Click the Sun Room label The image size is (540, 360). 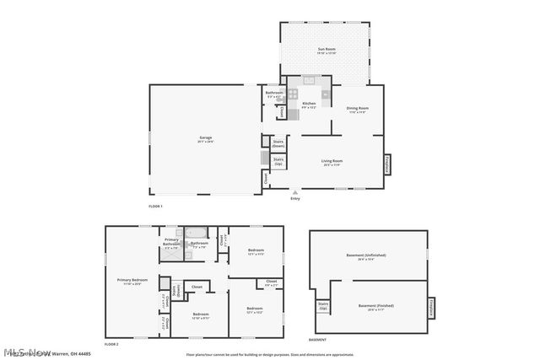pos(327,51)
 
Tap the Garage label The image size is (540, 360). pos(205,138)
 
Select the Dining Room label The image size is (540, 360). pos(358,109)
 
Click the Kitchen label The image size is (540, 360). pos(309,105)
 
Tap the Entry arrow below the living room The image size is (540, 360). pos(295,191)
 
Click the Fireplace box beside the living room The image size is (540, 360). pos(389,164)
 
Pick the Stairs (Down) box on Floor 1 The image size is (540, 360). pos(278,144)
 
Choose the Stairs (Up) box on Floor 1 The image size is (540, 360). pos(278,160)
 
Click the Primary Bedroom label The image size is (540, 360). pos(132,281)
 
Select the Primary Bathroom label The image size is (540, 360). pos(171,244)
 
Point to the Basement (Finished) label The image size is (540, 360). pos(375,306)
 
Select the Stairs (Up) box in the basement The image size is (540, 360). pos(322,306)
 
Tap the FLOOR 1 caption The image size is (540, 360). pos(155,206)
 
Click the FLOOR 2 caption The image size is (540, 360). pos(111,344)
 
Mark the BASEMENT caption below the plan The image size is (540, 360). pos(318,340)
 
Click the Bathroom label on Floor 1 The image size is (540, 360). pos(274,94)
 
